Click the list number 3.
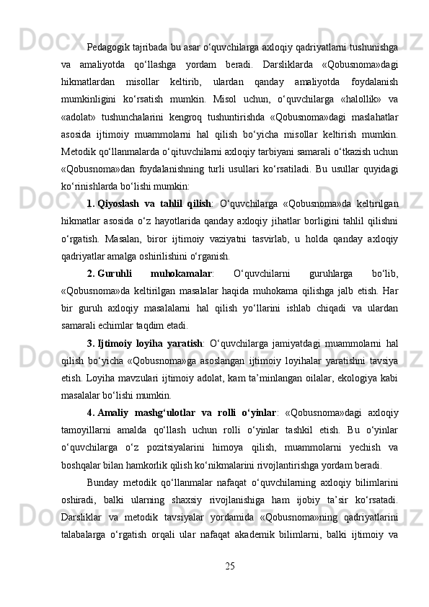[89, 364]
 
